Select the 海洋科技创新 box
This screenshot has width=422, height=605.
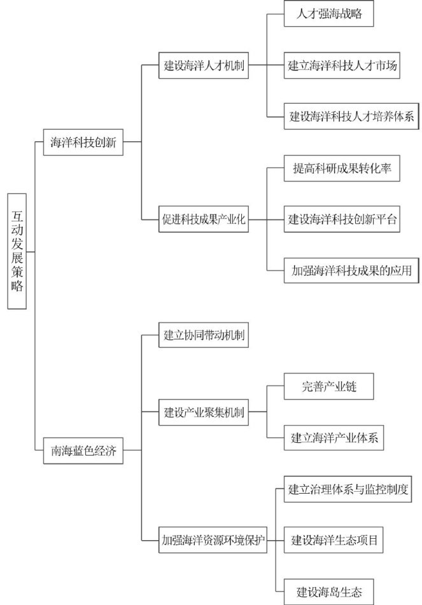coord(83,143)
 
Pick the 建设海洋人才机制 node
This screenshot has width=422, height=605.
coord(203,66)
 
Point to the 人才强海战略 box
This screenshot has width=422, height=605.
coord(328,13)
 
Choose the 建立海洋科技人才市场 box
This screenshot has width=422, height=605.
coord(342,66)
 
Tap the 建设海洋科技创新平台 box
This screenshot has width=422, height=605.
coord(342,220)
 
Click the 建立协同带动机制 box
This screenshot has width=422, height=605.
coord(203,335)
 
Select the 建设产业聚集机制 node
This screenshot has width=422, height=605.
coord(203,412)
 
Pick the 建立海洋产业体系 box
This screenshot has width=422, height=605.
coord(334,438)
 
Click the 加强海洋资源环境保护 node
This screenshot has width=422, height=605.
coord(212,541)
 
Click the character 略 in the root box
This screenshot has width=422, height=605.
coord(17,287)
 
